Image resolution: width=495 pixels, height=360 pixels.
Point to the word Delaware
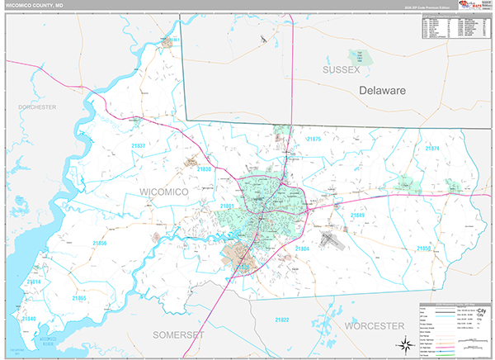(x=382, y=90)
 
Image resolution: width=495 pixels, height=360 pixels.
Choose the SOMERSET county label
(x=179, y=334)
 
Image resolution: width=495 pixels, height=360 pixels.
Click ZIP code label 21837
(x=139, y=146)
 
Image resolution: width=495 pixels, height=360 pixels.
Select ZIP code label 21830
(x=205, y=169)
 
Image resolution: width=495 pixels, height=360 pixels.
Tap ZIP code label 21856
(x=99, y=243)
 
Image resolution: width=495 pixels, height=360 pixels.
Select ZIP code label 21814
(x=33, y=282)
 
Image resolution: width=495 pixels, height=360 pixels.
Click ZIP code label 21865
(x=78, y=297)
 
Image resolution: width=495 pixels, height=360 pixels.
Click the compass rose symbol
(x=404, y=344)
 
